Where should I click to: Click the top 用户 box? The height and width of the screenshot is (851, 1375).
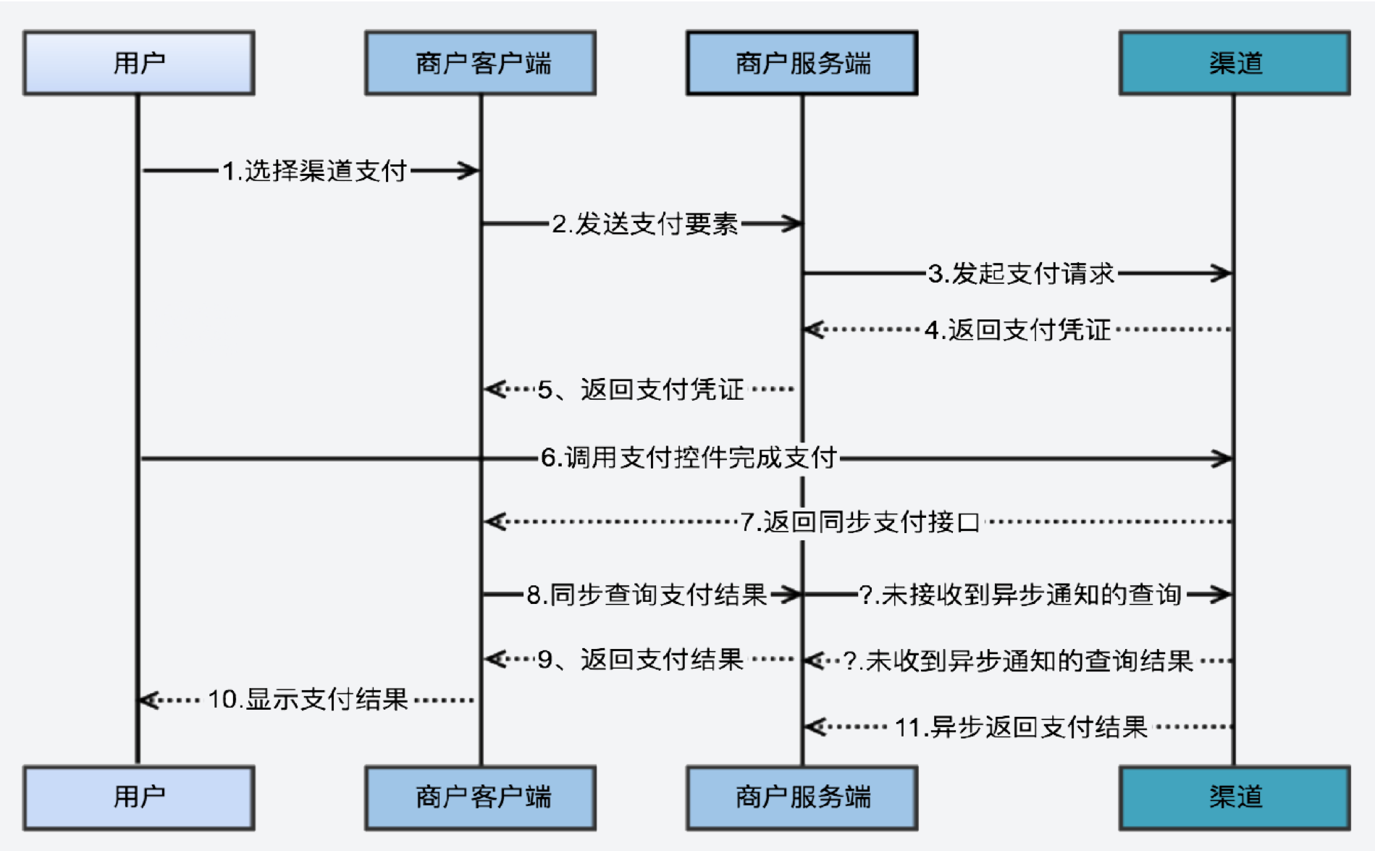[x=138, y=63]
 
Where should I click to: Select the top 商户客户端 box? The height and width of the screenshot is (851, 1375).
[x=480, y=63]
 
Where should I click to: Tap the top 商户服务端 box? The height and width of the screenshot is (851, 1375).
[x=802, y=63]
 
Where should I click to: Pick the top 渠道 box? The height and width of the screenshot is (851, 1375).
[x=1234, y=63]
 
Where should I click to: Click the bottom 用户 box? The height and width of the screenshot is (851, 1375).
[x=138, y=797]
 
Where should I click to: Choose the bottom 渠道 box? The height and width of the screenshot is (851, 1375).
[x=1234, y=797]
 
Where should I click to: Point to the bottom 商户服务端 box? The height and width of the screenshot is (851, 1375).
[x=802, y=797]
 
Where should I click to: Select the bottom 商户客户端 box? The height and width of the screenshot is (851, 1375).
[x=480, y=797]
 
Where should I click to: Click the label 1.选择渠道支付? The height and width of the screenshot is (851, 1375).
[x=314, y=171]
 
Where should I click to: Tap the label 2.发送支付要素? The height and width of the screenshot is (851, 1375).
[x=644, y=224]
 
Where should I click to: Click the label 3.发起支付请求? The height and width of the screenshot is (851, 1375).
[x=1021, y=274]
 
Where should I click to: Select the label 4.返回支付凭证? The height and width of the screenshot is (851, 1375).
[x=1017, y=330]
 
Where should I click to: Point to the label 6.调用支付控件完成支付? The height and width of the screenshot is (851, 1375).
[x=689, y=458]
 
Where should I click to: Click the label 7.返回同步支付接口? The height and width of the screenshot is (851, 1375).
[x=859, y=521]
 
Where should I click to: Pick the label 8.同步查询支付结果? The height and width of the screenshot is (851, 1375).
[x=646, y=595]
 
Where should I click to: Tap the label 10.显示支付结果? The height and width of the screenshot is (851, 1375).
[x=308, y=700]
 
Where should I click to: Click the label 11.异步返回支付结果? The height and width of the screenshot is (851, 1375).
[x=1021, y=727]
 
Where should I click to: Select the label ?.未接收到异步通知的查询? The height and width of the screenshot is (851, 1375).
[x=1019, y=595]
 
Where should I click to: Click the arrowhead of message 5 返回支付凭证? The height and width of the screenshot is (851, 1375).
[x=492, y=390]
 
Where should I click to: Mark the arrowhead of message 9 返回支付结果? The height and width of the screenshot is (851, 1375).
[x=492, y=659]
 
